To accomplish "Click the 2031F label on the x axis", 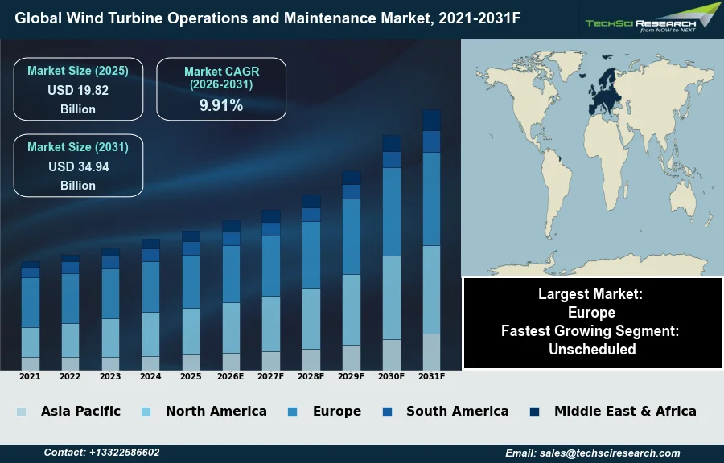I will [432, 376].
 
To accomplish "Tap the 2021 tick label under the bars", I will [30, 376].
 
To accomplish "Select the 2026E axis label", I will [231, 376].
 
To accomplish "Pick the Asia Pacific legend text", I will [80, 411].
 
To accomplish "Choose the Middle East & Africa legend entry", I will [625, 411].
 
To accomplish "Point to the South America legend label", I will [457, 411].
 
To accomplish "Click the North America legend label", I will [216, 411].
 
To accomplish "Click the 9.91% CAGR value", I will [221, 105].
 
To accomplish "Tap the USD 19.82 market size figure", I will [78, 90].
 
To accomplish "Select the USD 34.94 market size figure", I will [78, 167].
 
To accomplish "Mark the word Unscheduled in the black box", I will [592, 349].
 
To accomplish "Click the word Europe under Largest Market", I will [591, 312].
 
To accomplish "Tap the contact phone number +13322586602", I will [124, 453].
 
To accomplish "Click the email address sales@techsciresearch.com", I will [615, 453].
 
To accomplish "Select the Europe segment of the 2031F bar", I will [432, 199].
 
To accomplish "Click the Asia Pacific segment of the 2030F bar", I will [392, 354].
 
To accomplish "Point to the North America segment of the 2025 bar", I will [191, 331].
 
